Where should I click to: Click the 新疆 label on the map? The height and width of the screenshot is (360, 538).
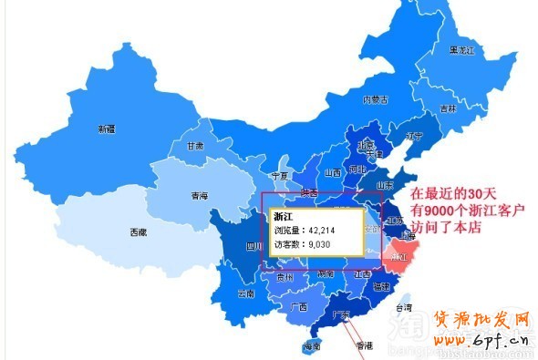click(x=107, y=129)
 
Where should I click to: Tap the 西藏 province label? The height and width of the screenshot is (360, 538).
click(x=137, y=232)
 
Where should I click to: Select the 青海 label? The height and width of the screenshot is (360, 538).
click(x=199, y=196)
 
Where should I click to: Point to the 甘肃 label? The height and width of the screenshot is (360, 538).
click(x=195, y=145)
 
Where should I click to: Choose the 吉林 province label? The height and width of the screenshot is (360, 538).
click(x=448, y=108)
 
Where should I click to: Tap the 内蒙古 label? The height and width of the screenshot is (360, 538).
click(x=376, y=99)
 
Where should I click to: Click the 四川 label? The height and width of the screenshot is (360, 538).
click(x=254, y=245)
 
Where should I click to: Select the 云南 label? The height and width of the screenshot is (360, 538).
click(x=245, y=293)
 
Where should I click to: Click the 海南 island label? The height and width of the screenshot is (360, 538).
click(x=313, y=346)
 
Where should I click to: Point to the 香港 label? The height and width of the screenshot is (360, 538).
click(x=364, y=345)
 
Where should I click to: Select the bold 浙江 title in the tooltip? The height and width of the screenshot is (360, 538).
click(x=285, y=215)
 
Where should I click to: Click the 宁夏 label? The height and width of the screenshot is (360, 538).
click(x=280, y=175)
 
